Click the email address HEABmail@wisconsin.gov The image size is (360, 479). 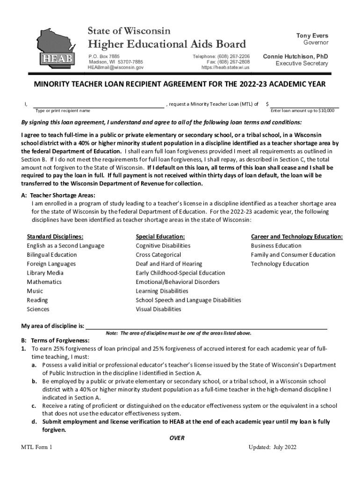click(x=115, y=67)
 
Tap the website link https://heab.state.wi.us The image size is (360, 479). click(x=225, y=67)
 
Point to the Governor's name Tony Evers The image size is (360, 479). click(x=312, y=36)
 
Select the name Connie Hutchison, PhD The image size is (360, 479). click(x=295, y=57)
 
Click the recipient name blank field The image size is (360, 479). click(x=98, y=104)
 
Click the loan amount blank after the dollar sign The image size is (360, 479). click(x=304, y=104)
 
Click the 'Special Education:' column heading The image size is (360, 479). click(x=160, y=237)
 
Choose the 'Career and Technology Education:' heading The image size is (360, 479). click(x=297, y=237)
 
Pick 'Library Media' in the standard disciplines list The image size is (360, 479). click(x=45, y=273)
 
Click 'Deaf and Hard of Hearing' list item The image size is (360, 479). click(x=169, y=264)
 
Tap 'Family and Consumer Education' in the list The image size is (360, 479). click(x=293, y=255)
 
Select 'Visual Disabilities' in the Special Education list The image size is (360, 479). click(x=158, y=309)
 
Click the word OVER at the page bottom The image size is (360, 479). click(x=176, y=438)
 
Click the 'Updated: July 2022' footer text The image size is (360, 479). click(x=273, y=447)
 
